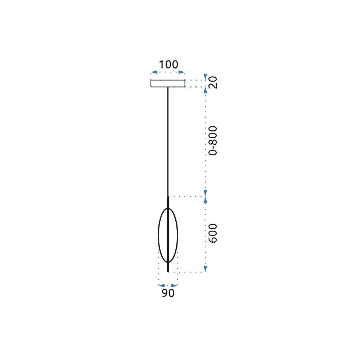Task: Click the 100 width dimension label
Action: click(x=168, y=65)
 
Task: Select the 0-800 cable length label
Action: click(x=213, y=140)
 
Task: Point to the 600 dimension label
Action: click(x=213, y=233)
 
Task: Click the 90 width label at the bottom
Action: click(x=168, y=293)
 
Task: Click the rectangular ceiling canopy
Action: click(x=168, y=84)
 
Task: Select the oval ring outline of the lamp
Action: click(x=159, y=234)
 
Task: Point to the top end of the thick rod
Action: click(x=168, y=197)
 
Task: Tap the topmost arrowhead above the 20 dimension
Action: click(x=205, y=77)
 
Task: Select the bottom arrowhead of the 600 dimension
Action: click(x=205, y=269)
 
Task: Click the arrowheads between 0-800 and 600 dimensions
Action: click(x=205, y=197)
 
